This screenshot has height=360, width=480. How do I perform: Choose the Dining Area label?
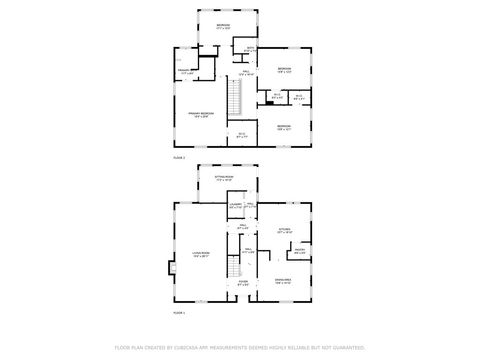click(284, 281)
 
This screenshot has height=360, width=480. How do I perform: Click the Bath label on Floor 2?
click(251, 49)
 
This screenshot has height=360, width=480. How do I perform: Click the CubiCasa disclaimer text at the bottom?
click(240, 347)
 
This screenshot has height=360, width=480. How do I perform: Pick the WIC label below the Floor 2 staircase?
click(241, 134)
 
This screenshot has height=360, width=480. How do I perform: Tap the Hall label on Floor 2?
click(246, 72)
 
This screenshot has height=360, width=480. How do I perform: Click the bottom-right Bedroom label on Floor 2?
click(283, 126)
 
